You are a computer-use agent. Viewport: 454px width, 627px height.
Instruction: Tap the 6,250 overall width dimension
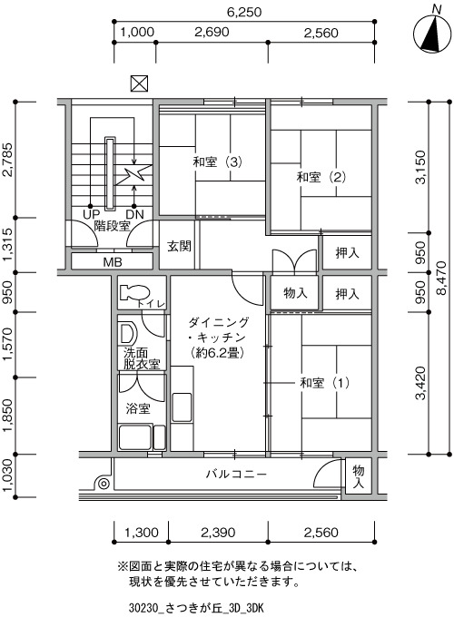coord(244,12)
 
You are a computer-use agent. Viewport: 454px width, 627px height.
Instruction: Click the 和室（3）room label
coord(218,162)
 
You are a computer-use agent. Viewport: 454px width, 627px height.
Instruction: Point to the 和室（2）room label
coord(321,177)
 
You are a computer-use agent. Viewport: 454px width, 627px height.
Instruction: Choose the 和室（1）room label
coord(324,383)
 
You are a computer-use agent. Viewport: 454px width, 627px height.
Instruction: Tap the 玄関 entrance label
coord(179,246)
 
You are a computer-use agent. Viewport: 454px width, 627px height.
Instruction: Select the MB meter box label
coord(113,262)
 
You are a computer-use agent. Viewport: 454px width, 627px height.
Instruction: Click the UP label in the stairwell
coord(91,214)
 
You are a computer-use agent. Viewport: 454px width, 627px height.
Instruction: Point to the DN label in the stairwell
coord(134,214)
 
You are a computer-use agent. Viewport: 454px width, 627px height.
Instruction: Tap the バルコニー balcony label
coord(236,475)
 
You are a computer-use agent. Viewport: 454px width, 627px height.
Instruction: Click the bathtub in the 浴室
coord(134,437)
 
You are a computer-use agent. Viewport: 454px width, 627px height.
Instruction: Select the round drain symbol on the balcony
coord(104,484)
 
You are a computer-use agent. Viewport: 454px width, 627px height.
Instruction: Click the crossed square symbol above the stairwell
coord(139,83)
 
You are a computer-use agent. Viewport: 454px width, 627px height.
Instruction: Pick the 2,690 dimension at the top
coord(212,32)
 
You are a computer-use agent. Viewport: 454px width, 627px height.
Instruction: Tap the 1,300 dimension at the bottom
coord(142,533)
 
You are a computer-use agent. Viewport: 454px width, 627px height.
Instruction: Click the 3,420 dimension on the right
coord(420,384)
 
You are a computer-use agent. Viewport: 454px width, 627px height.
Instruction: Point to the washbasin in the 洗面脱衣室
coord(128,334)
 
